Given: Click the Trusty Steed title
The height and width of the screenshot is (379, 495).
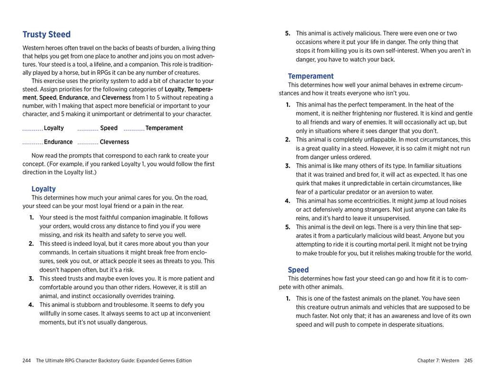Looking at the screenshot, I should [46, 34].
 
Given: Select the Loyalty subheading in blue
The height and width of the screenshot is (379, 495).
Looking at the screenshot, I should [44, 189].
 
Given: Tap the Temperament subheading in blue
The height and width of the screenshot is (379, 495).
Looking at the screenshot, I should [310, 76].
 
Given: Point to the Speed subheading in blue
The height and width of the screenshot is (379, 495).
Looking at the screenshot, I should [298, 270].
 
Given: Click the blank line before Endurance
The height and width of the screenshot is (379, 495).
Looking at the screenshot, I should [32, 143].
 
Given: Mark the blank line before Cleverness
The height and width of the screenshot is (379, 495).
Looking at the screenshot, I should [87, 143].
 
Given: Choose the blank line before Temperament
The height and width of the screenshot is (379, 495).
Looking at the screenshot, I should [134, 129].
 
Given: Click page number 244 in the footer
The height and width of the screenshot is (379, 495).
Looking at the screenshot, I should [27, 360].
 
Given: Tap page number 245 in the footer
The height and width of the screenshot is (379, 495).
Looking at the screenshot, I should [468, 360].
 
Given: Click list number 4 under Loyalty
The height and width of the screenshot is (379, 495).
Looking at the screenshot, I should [31, 305].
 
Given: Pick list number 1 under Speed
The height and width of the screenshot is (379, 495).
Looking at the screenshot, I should [288, 298].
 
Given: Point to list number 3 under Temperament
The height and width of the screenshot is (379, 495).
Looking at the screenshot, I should [288, 166].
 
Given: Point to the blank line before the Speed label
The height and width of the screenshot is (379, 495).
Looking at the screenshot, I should [87, 129].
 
